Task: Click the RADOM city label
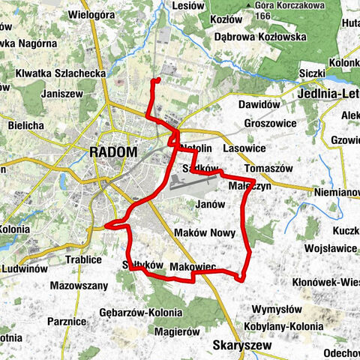coord(113,151)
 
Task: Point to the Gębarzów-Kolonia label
coord(140,312)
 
